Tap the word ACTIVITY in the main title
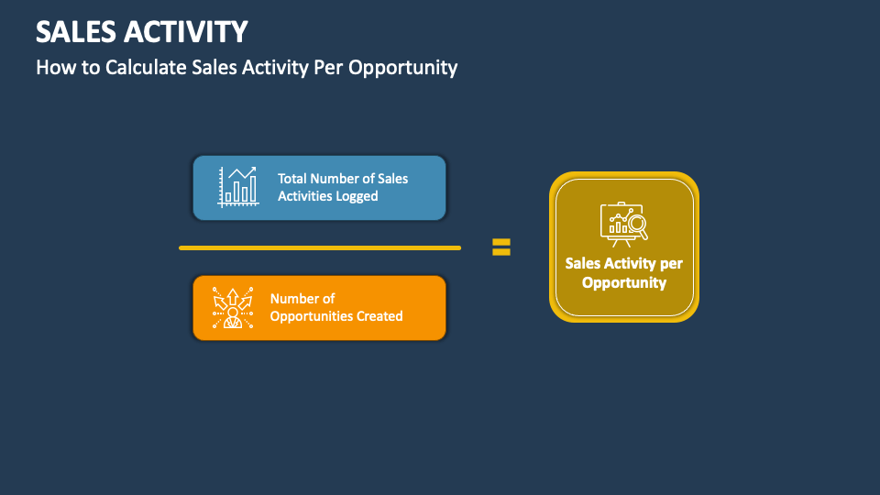[x=184, y=32]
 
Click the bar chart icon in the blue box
[x=237, y=186]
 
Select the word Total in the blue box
[x=292, y=179]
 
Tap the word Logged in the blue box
[x=357, y=196]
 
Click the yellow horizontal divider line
[x=319, y=247]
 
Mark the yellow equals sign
[x=500, y=247]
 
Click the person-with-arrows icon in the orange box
[x=232, y=308]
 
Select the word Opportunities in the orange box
[x=313, y=316]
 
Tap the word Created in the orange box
[x=380, y=316]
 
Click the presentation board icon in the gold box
[x=620, y=224]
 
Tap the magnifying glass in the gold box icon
[x=637, y=223]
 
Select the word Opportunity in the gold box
[x=624, y=282]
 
